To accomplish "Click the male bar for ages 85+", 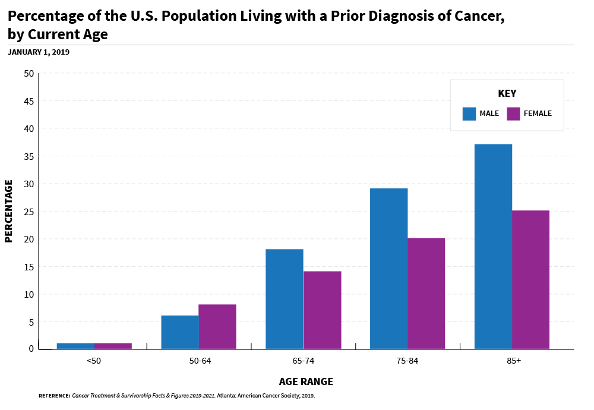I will pos(493,247).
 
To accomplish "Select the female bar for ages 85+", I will pos(530,280).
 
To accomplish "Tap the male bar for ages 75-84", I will pos(388,269).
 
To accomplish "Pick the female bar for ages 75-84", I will pos(426,294).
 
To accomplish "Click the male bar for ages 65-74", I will pos(284,299).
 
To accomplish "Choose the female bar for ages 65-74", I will pos(322,310).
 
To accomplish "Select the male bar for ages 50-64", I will pos(180,332).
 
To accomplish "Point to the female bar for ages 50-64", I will pos(217,327).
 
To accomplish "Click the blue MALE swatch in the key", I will pos(469,113).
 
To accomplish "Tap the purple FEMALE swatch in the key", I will pos(513,113).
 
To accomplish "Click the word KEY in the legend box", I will pos(507,93).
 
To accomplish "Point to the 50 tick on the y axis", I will pos(29,74).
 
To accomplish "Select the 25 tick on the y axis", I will pos(29,212).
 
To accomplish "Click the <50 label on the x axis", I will pos(93,361).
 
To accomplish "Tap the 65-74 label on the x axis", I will pos(303,361).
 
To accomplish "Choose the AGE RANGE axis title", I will pos(306,381).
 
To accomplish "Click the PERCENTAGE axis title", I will pos(8,211).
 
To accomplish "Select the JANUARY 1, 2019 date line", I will pos(39,52).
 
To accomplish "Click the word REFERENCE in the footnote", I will pos(54,395).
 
